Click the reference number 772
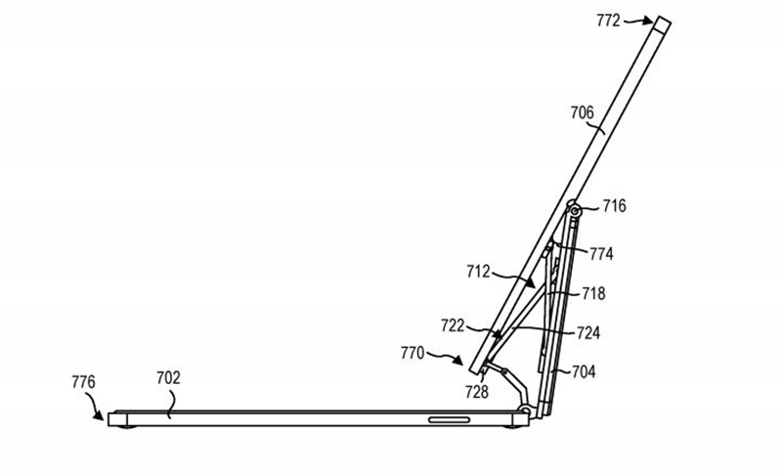[608, 21]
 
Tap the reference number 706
[582, 112]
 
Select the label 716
[614, 206]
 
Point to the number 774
[601, 254]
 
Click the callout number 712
[478, 272]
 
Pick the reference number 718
[593, 293]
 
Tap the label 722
[453, 325]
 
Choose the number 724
[588, 332]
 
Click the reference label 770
[412, 353]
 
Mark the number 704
[583, 371]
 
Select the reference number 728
[476, 392]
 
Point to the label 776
[83, 382]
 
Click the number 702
[168, 378]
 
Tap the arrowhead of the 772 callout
[648, 21]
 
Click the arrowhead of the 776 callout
[100, 415]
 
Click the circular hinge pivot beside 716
[575, 211]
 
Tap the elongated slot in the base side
[449, 419]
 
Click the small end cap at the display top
[663, 24]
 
